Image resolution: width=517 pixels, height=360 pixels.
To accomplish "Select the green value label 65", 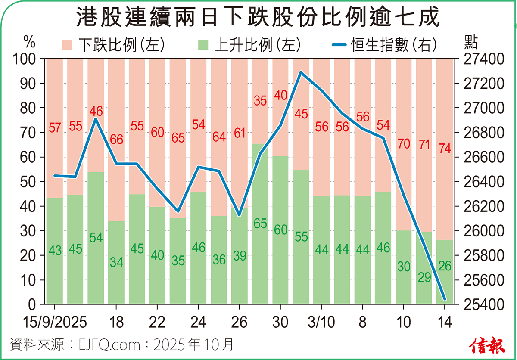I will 260,224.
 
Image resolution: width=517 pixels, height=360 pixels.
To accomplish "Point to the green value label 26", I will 445,266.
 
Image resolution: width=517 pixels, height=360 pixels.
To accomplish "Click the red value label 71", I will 424,144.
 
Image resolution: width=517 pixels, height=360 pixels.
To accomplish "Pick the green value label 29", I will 424,277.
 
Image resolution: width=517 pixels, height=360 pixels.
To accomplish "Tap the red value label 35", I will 260,101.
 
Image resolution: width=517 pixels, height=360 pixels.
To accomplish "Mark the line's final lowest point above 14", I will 445,299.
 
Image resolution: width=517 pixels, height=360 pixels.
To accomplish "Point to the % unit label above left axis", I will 29,42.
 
